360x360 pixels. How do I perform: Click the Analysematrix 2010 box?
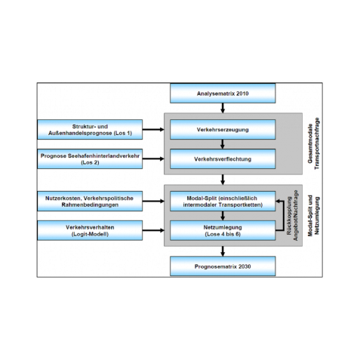[223, 94]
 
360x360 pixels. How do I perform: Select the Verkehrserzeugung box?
[223, 130]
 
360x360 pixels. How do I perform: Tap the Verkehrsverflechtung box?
[223, 159]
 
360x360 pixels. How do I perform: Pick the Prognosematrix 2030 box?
[223, 266]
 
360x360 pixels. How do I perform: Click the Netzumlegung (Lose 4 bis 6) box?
[223, 230]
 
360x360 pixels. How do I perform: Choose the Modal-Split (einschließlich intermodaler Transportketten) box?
[223, 202]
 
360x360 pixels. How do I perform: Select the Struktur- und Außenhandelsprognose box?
[90, 130]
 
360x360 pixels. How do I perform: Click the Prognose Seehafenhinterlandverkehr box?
[90, 159]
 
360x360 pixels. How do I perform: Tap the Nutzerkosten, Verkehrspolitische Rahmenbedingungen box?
[90, 202]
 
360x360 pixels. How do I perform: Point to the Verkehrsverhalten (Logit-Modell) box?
[90, 230]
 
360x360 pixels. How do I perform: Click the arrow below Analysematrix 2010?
[223, 108]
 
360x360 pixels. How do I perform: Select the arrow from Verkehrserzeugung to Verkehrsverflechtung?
[223, 144]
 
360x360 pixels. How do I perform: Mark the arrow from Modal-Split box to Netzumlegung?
[223, 216]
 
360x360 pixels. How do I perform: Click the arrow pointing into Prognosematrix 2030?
[223, 251]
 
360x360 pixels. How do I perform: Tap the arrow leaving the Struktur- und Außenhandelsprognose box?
[153, 130]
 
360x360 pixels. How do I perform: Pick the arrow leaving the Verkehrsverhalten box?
[153, 230]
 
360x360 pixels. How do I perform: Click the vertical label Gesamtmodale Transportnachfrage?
[313, 143]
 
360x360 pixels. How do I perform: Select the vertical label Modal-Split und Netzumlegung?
[313, 215]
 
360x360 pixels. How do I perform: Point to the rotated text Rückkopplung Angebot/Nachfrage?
[292, 216]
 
